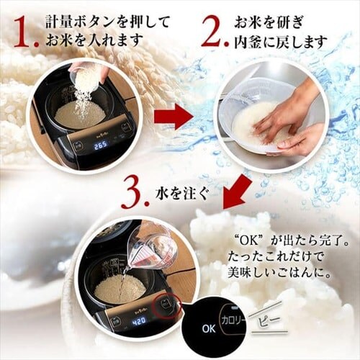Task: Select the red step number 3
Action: (135, 193)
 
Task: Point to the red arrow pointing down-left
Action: (237, 190)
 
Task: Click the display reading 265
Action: (100, 145)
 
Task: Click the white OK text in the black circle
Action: (209, 328)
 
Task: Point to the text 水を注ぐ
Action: (181, 194)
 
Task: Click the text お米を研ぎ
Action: (269, 23)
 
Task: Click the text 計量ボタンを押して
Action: (108, 22)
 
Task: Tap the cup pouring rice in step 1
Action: (84, 77)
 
